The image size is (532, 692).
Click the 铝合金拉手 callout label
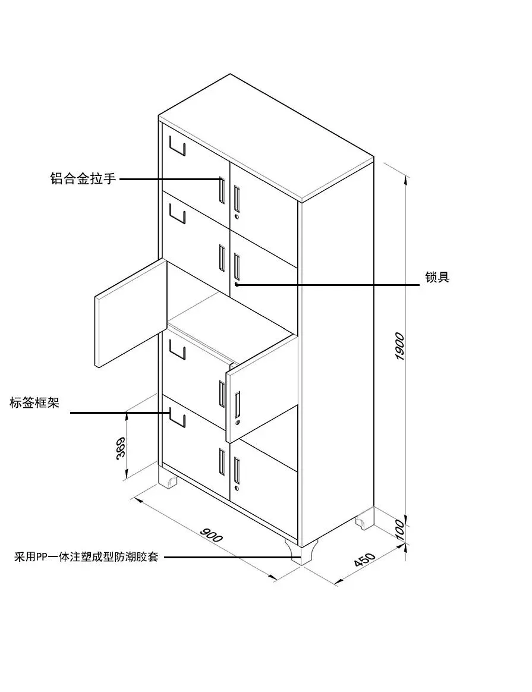82,178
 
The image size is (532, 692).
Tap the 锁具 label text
437,278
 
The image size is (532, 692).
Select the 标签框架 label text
34,402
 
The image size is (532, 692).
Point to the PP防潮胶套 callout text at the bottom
87,558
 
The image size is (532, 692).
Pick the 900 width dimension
211,534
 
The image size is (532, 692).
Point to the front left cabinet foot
168,479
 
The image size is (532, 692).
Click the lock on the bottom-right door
236,488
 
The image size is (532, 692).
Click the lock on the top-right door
236,218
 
